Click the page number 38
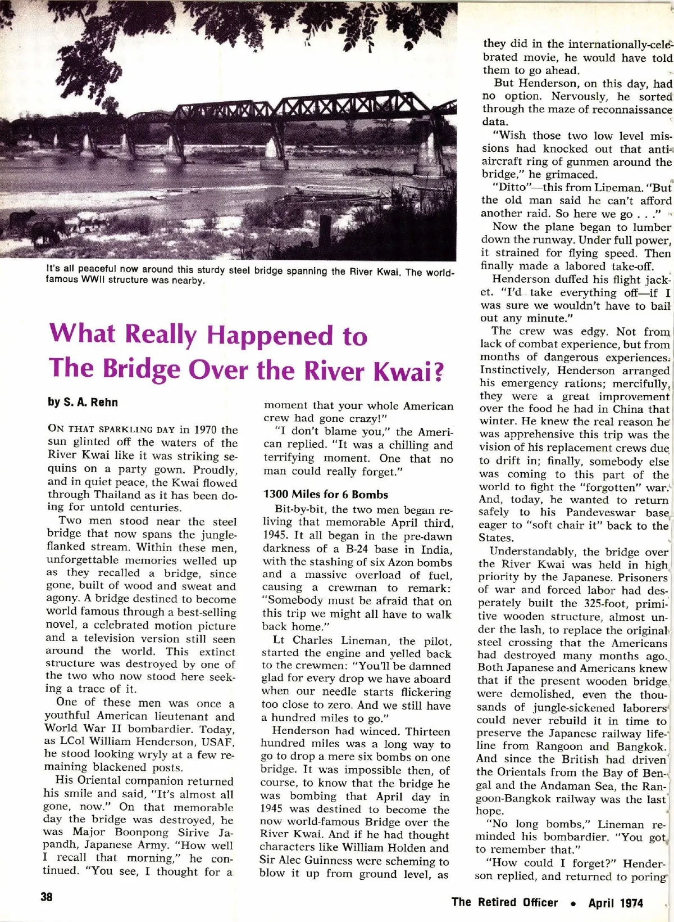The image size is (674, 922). coord(47,897)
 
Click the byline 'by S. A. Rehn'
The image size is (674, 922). coord(83,402)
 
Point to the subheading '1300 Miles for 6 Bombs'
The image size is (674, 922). coord(326,495)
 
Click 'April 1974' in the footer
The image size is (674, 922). coord(616,903)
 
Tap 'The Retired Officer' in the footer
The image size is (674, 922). coord(504,903)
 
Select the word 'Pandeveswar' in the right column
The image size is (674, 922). coord(601,512)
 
